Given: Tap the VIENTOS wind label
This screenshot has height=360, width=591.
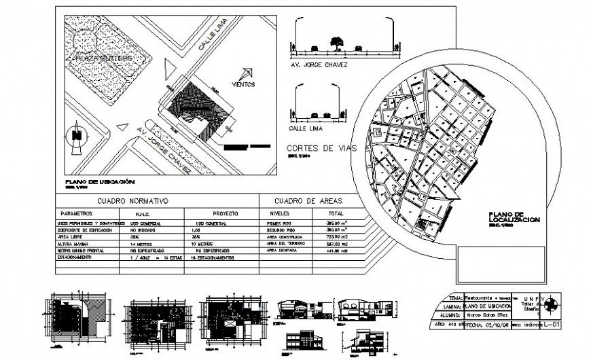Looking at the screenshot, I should [243, 85].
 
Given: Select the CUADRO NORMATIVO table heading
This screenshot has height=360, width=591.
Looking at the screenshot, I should [132, 201].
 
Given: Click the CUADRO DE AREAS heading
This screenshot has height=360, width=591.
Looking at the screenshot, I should [308, 201].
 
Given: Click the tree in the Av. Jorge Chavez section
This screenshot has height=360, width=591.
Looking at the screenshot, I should [336, 43].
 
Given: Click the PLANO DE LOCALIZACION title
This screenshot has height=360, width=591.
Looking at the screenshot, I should [514, 218].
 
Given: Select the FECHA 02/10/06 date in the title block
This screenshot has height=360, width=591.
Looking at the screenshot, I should [486, 325].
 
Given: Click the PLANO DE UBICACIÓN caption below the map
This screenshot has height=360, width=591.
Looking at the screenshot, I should [100, 183].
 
